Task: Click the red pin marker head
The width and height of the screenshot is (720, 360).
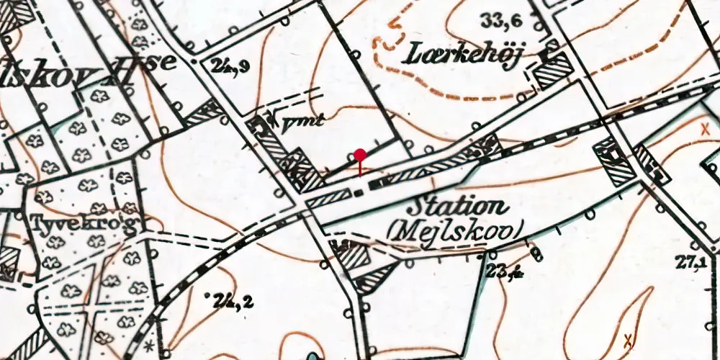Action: [x=360, y=154]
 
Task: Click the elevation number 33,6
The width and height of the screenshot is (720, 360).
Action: [x=502, y=22]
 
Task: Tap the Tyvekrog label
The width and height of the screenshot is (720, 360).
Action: [x=84, y=224]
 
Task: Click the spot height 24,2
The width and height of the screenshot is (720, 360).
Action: [x=232, y=302]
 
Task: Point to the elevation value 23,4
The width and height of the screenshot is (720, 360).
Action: [x=503, y=271]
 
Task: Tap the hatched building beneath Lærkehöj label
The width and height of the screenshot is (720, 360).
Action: [x=554, y=72]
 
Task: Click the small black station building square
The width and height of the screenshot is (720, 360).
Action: [x=359, y=192]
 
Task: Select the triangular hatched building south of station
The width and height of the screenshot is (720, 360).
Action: [x=375, y=276]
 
